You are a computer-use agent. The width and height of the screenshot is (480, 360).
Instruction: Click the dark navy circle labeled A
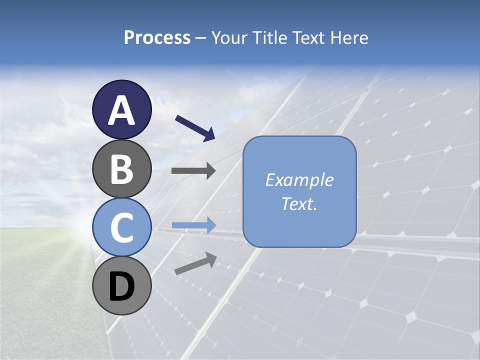point(121,109)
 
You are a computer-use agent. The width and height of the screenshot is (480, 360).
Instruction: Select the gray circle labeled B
point(121,168)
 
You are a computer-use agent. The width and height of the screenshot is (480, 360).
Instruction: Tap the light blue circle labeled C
point(121,227)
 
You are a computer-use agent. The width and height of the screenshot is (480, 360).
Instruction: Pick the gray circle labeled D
point(121,285)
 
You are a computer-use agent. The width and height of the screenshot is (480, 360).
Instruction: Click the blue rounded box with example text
point(299,191)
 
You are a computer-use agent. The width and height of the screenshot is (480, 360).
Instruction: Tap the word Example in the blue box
point(299,180)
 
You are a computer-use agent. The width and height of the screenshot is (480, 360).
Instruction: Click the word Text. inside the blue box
point(299,203)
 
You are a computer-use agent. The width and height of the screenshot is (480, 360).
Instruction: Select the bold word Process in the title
point(157,37)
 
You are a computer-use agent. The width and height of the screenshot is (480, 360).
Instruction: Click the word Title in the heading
point(269,37)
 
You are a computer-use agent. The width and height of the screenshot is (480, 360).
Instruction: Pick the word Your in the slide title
point(228,37)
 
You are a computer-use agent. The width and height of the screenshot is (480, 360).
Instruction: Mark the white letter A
point(121,110)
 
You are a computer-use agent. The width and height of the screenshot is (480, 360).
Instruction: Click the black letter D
point(121,286)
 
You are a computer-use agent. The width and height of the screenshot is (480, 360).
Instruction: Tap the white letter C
point(121,227)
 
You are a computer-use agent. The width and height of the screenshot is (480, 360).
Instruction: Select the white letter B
point(121,169)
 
